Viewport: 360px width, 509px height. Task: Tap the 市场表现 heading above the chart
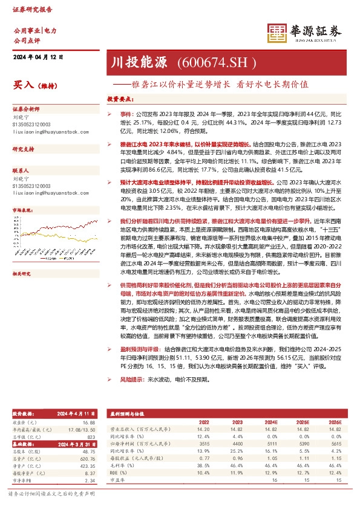point(24,210)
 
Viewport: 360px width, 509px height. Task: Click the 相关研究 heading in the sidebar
point(24,256)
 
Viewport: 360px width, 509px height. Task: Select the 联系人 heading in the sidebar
point(22,171)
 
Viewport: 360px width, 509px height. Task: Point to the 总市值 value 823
point(91,436)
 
